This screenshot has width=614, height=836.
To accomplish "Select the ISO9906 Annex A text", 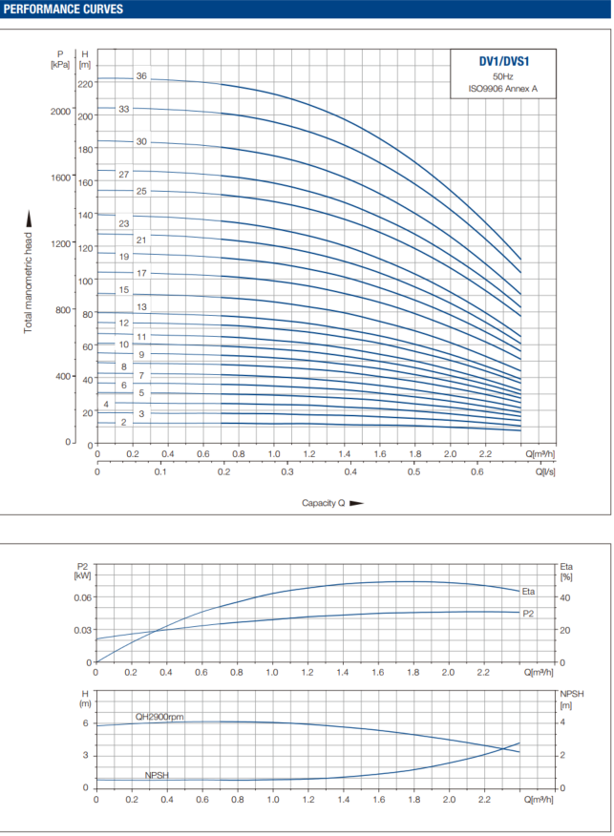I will [x=503, y=88].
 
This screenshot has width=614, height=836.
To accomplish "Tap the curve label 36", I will [x=141, y=75].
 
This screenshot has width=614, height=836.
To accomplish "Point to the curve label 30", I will [x=141, y=142].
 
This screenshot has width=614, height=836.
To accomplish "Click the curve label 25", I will [x=141, y=191].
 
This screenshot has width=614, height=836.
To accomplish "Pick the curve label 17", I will [x=141, y=273].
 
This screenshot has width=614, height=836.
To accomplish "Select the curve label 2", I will [x=123, y=421].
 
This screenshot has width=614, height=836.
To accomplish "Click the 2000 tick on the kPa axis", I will [x=61, y=112].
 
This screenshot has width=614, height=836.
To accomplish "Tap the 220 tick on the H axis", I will [x=86, y=84].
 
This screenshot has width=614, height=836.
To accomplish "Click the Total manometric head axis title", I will [x=29, y=272].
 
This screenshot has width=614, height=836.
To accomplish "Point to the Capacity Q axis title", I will [x=324, y=502].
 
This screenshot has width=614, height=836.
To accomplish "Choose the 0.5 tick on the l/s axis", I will [x=414, y=471].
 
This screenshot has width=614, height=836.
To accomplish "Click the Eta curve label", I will [x=529, y=592].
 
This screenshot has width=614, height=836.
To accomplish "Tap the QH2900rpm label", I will [x=159, y=717].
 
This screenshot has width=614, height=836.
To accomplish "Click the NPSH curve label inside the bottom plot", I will [x=159, y=775].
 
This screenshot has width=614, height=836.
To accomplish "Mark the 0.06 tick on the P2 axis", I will [x=84, y=597].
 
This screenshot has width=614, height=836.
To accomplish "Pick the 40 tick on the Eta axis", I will [x=564, y=597].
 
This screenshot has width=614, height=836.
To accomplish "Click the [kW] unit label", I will [x=83, y=575].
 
